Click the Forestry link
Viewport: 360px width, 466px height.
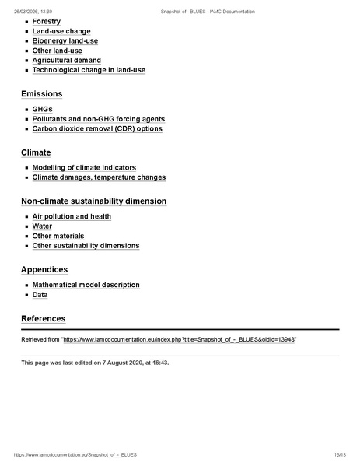[x=47, y=22]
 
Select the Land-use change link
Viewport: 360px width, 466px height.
[x=61, y=31]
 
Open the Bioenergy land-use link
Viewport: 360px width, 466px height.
[x=65, y=41]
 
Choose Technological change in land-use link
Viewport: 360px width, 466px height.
[x=89, y=70]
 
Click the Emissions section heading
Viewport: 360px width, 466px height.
[x=41, y=94]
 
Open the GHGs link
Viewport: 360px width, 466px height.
[x=43, y=110]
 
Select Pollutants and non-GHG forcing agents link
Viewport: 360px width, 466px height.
[x=98, y=119]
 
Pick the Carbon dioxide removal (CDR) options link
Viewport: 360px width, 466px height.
[x=97, y=129]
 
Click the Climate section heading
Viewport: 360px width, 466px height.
[x=36, y=152]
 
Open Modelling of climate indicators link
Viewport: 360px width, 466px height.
[x=84, y=168]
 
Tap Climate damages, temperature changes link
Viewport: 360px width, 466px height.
[x=99, y=177]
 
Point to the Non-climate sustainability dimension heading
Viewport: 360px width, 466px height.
[x=93, y=201]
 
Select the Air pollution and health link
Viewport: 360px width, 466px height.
[x=72, y=216]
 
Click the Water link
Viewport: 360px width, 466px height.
[x=42, y=226]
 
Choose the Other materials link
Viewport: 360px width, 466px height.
[x=58, y=236]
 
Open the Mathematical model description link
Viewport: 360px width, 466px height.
[x=86, y=285]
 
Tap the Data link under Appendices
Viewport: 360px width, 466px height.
[x=40, y=295]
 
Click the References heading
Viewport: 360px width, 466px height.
[x=43, y=319]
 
